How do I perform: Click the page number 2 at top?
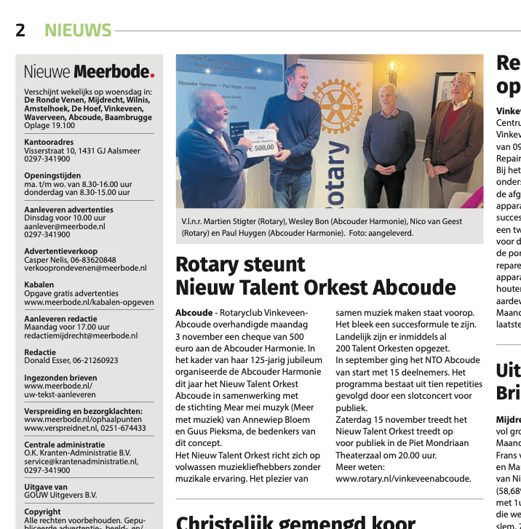tap(20, 30)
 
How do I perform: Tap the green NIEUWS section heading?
tap(78, 30)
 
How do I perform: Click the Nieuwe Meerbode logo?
tap(89, 72)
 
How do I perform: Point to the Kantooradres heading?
tap(49, 142)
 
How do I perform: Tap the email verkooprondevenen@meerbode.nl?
tap(85, 268)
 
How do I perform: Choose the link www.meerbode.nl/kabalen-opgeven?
tap(89, 302)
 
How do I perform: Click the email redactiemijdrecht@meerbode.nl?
tap(80, 335)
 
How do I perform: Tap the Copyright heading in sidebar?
tap(42, 512)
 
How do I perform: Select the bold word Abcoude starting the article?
tap(194, 312)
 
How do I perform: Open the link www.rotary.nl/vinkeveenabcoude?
tap(403, 478)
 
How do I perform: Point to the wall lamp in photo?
tap(393, 71)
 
